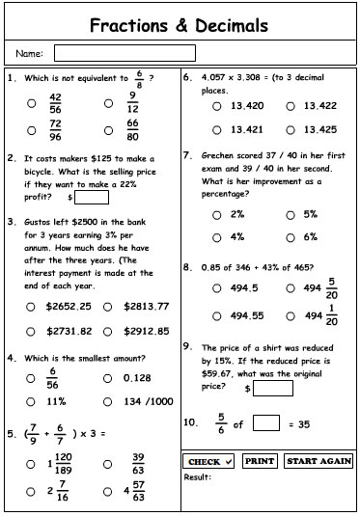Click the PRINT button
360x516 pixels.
pos(261,461)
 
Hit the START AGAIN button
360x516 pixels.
pos(318,461)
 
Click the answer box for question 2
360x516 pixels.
pos(92,197)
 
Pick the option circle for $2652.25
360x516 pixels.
pos(32,307)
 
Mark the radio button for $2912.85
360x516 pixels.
pos(109,332)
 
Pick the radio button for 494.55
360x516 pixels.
pos(218,315)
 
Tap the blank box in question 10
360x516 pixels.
pos(266,422)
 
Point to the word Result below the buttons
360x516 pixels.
pos(197,476)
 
